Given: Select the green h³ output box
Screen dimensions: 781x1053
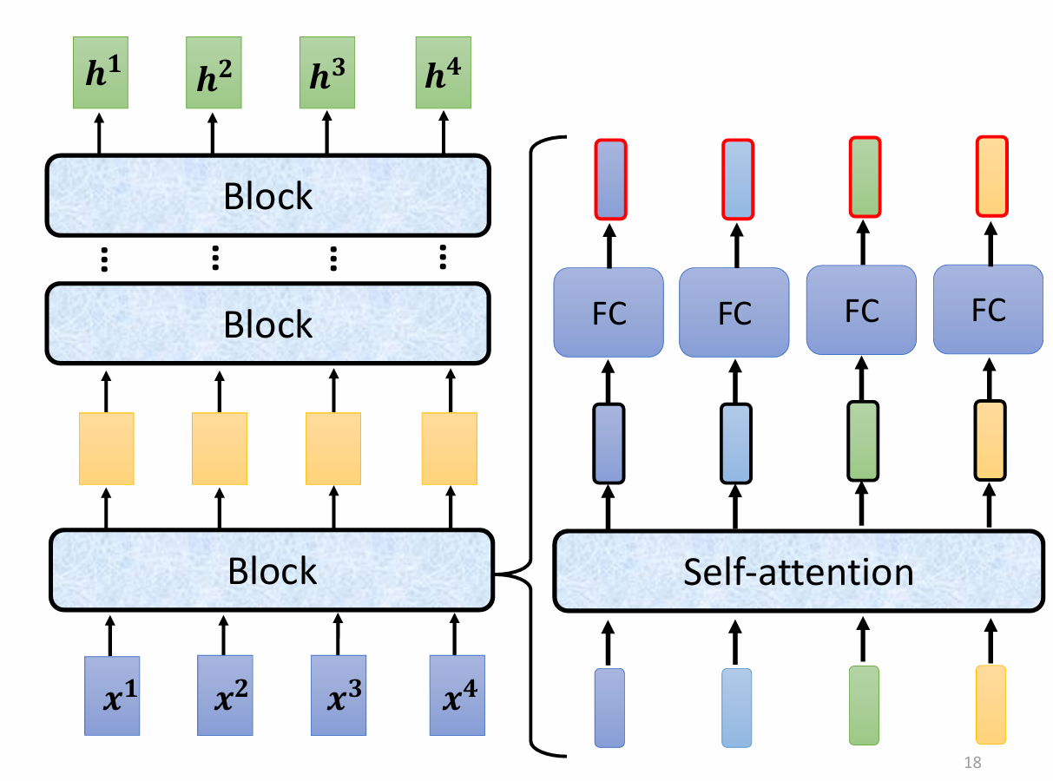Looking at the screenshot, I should [326, 73].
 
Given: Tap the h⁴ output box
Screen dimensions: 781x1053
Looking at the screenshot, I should [443, 73].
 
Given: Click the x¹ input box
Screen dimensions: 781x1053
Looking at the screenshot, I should [112, 696].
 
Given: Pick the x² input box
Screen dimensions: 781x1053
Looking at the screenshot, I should [225, 696].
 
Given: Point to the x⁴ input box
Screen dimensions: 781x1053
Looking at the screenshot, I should [457, 696].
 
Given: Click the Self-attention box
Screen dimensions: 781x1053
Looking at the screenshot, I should [798, 572].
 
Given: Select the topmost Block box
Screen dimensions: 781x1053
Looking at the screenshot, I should [268, 196].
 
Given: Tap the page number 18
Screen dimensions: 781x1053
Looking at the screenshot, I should [972, 764].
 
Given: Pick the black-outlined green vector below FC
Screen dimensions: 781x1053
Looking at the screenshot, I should [863, 441].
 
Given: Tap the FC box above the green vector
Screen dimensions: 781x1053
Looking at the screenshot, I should [861, 310].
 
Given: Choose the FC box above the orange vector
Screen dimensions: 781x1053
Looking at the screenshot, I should [988, 309].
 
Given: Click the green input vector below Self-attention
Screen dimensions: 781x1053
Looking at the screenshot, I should [864, 705].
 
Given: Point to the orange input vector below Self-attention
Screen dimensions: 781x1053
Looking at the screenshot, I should [990, 704].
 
